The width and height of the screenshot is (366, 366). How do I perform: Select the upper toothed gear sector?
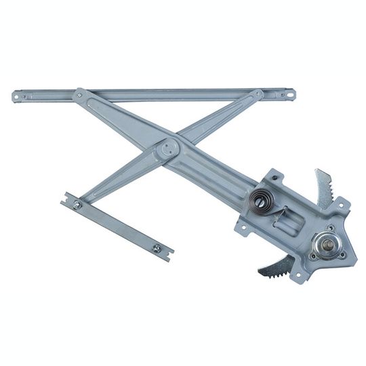[324, 186]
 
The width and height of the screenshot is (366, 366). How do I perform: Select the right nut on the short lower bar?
[157, 247]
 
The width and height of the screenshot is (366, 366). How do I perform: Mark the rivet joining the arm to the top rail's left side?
[80, 96]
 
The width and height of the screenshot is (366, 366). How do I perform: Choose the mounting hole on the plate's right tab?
[341, 206]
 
